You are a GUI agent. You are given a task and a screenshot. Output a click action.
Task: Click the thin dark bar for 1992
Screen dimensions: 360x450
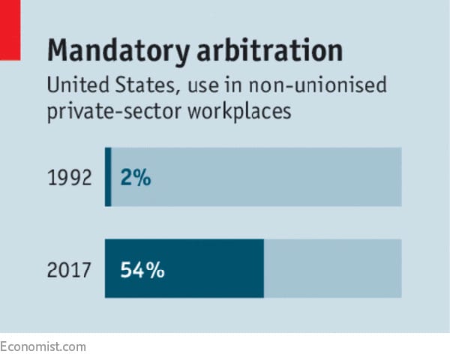click(108, 177)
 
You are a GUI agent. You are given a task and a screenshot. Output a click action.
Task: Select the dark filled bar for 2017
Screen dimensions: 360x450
click(210, 268)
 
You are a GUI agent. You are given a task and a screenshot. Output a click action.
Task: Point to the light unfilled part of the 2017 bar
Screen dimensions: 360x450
click(332, 268)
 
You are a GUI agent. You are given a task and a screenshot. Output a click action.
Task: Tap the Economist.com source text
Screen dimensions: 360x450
click(43, 346)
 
